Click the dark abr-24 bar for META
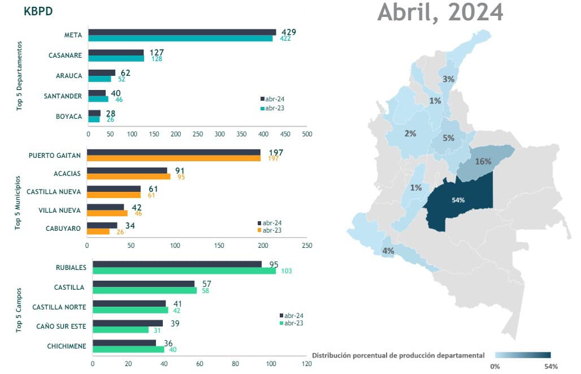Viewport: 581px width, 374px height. coord(182,32)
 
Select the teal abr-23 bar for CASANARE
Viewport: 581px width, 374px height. coord(116,58)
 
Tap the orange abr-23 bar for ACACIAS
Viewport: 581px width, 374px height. coord(128,177)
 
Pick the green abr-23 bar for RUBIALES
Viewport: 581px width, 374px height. coord(184,271)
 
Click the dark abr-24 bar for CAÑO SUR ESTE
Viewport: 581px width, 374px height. coord(127,323)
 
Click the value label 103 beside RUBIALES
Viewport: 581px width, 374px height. coord(286,272)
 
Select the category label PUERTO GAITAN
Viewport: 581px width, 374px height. coord(55,155)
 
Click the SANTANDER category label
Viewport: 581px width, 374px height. coord(63,96)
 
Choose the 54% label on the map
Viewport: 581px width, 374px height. coord(458,200)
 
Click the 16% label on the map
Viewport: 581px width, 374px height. coord(483,161)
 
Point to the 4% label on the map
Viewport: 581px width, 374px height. coord(388,251)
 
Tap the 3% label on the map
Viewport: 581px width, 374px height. coord(448,80)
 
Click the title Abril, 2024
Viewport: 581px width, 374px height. coord(440,12)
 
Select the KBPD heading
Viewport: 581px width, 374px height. coord(38,11)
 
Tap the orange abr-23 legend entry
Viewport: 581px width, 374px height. coord(269,230)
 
